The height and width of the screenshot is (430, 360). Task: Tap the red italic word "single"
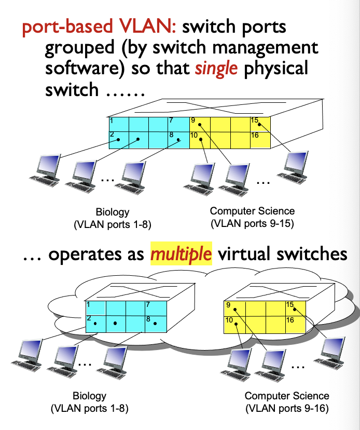click(x=216, y=69)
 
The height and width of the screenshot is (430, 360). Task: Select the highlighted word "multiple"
click(x=181, y=254)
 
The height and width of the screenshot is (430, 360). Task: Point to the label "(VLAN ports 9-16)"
click(x=287, y=409)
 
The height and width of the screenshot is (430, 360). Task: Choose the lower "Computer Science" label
click(x=287, y=396)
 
